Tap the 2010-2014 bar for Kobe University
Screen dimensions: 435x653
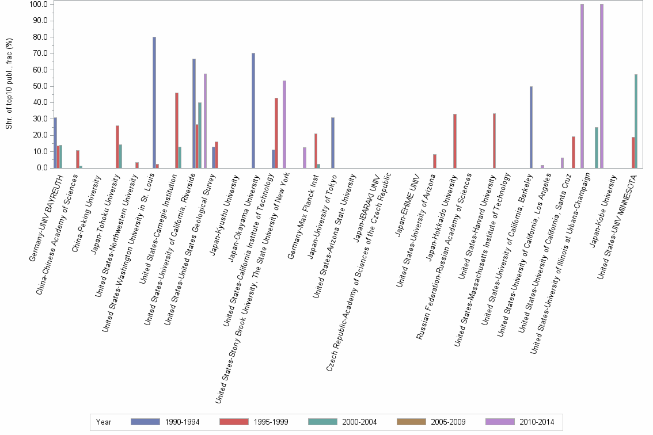[x=602, y=86]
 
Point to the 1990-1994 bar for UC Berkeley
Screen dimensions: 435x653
[x=531, y=127]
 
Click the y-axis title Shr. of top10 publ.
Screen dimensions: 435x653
[x=9, y=84]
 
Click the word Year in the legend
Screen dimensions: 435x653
[x=104, y=422]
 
